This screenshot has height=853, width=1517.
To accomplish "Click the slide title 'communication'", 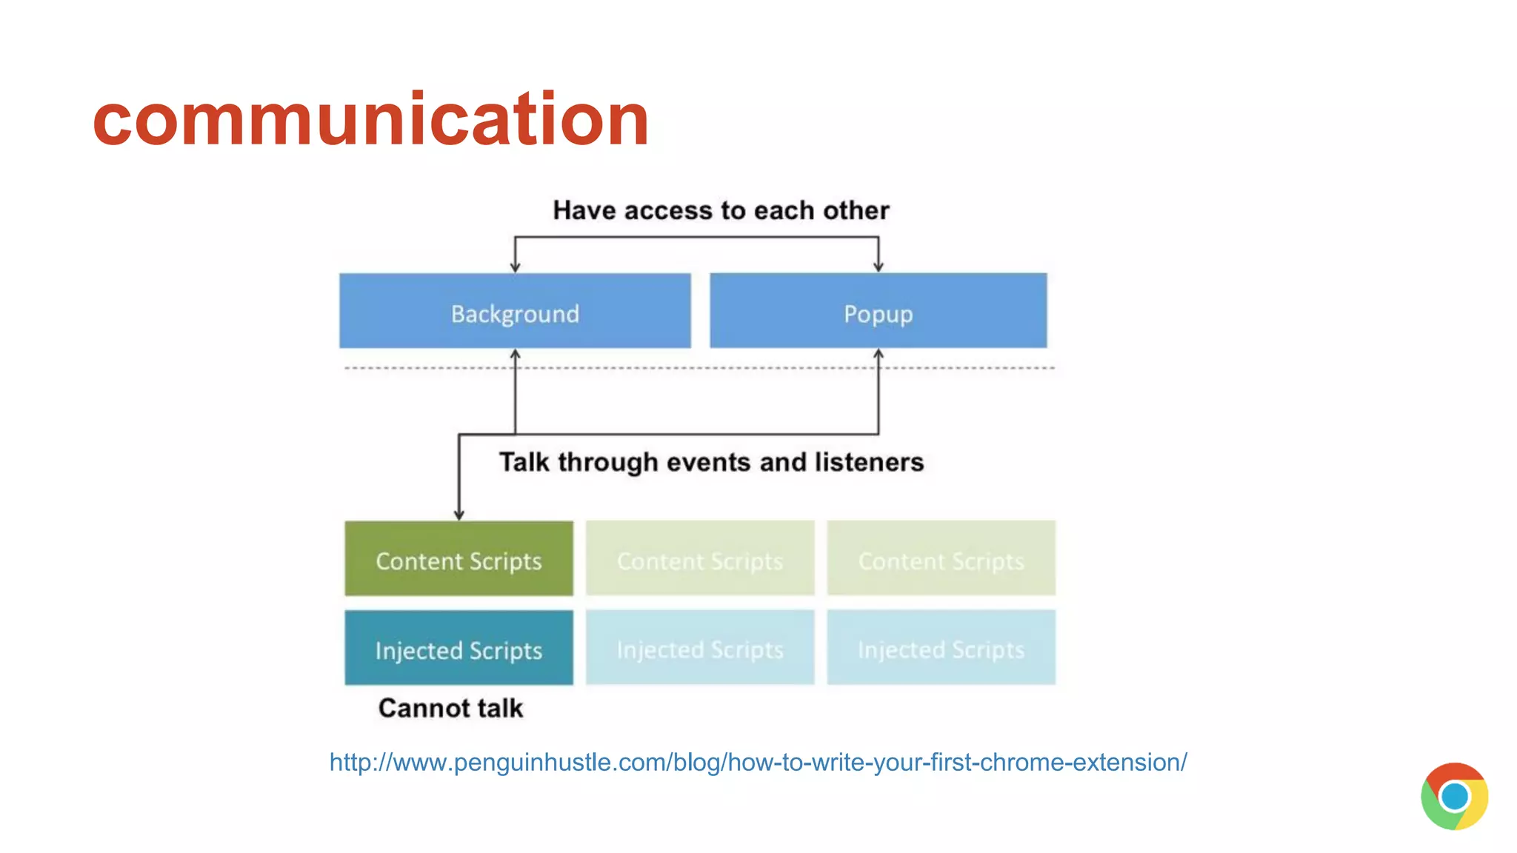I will pyautogui.click(x=370, y=118).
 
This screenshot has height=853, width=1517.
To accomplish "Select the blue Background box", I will pyautogui.click(x=515, y=311).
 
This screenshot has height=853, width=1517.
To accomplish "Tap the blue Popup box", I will pyautogui.click(x=878, y=311).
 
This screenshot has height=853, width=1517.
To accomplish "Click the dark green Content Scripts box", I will pyautogui.click(x=459, y=559).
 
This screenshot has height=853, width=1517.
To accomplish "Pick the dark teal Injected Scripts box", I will pyautogui.click(x=459, y=648).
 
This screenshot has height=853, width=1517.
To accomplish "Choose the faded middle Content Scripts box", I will pyautogui.click(x=700, y=559).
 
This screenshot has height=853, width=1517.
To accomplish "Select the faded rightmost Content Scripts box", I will pyautogui.click(x=941, y=559).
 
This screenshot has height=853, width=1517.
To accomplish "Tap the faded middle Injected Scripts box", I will pyautogui.click(x=700, y=648).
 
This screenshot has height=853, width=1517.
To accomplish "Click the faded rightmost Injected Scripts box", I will pyautogui.click(x=941, y=648).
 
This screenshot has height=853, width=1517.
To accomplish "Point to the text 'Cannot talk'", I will pyautogui.click(x=450, y=709).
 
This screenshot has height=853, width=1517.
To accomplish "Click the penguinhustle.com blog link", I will pyautogui.click(x=758, y=762).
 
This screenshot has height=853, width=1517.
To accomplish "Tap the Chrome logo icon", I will pyautogui.click(x=1454, y=796).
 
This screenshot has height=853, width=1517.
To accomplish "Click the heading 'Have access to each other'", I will pyautogui.click(x=721, y=210).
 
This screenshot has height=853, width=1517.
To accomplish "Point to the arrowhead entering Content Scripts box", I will pyautogui.click(x=459, y=515).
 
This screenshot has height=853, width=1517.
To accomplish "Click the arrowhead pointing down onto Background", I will pyautogui.click(x=516, y=267).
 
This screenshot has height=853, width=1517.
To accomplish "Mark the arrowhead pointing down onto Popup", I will pyautogui.click(x=878, y=267).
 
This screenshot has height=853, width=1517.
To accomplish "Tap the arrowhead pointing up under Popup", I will pyautogui.click(x=878, y=354).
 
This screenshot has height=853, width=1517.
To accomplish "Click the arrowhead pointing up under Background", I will pyautogui.click(x=516, y=354).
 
